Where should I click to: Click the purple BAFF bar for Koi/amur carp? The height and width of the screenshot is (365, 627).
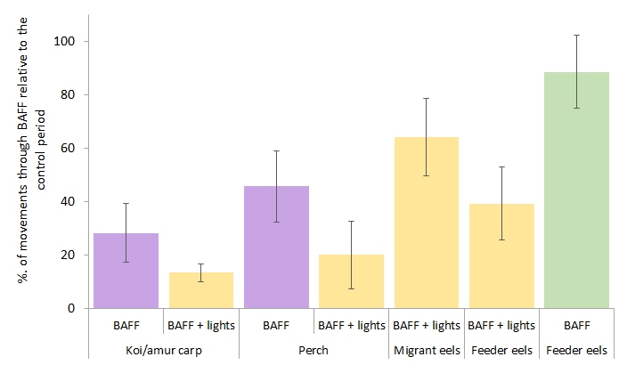[126, 271]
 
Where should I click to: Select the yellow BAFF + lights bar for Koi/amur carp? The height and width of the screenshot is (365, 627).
[201, 290]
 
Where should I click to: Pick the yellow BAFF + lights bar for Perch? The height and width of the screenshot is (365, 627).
[351, 281]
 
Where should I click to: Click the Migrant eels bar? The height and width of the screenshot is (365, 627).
[426, 223]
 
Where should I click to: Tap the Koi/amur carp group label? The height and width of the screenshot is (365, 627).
[164, 350]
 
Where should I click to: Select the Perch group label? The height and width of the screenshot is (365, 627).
[313, 350]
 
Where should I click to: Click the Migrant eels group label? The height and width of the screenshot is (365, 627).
[426, 350]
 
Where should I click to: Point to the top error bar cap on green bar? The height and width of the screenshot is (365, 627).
[576, 35]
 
